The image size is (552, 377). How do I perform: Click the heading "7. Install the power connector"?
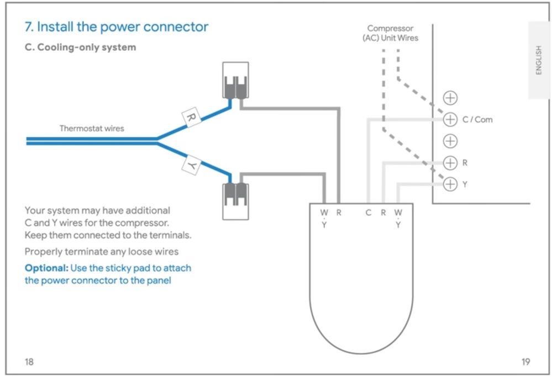(117, 27)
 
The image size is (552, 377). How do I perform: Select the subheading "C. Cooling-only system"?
(81, 47)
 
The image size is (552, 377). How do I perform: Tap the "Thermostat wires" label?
(92, 129)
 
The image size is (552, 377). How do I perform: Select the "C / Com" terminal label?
(477, 119)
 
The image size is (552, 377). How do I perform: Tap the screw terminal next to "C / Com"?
(451, 119)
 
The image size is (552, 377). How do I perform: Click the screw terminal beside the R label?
(451, 163)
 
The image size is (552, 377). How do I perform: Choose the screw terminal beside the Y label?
(451, 184)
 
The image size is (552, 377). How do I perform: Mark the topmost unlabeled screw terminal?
(451, 98)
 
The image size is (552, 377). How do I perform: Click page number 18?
(29, 362)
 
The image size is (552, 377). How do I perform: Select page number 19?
(525, 362)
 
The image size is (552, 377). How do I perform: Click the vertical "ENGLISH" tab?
(539, 60)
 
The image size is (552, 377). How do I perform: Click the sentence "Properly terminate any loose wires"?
(102, 252)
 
